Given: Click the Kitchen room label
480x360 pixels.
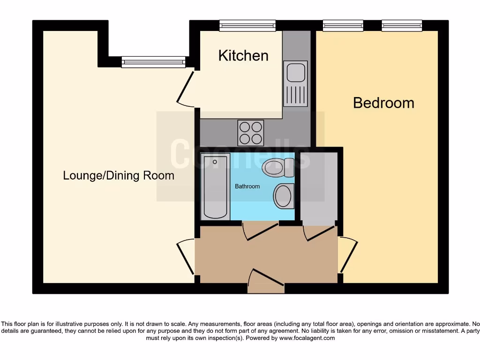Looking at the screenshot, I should point(243,56).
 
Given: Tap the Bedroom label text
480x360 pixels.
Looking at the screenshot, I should point(383,103).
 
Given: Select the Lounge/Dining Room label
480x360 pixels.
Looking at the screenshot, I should point(119,176).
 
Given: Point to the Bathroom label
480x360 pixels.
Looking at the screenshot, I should point(247,187).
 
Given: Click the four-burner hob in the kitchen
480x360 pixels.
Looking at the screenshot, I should point(250,132).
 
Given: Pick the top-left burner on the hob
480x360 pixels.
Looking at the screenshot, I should point(245,127).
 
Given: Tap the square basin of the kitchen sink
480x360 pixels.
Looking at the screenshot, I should point(295,73).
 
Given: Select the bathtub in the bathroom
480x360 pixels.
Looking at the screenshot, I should point(215,187).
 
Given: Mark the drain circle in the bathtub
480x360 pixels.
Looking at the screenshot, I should point(215,162).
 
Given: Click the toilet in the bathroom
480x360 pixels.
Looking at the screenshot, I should point(278,167).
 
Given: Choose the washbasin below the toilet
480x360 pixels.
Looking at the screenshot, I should point(284,196).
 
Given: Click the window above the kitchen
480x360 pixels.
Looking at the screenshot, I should point(247,26).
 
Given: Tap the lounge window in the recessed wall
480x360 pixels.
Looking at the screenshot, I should point(153,62).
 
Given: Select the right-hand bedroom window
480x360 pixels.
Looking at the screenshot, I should point(402,26).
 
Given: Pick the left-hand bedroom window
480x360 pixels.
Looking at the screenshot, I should point(343,26).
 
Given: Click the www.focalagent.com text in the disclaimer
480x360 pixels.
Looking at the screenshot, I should point(307,338).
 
